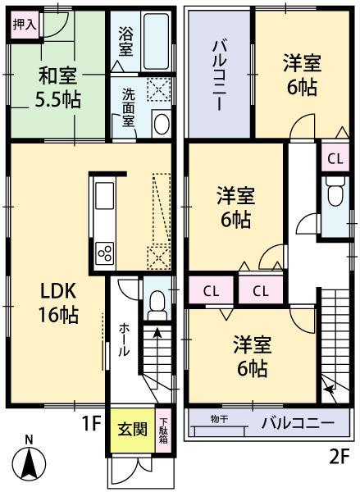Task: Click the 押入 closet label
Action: (24, 25)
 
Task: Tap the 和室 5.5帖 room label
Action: (57, 89)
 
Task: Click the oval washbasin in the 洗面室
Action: (161, 124)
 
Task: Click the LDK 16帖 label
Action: (56, 302)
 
